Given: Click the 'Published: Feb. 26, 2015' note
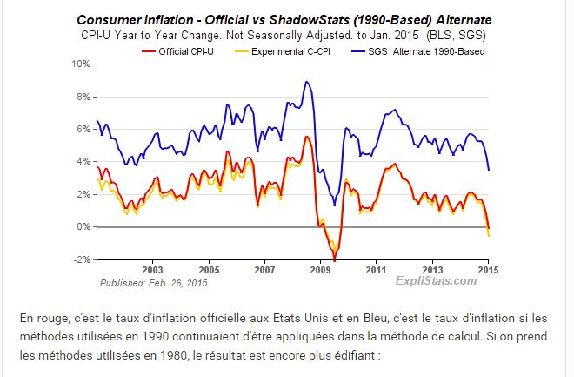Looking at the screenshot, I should [154, 283].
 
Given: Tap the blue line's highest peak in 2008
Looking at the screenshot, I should [306, 82].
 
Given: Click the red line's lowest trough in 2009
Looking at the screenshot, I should [334, 259].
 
